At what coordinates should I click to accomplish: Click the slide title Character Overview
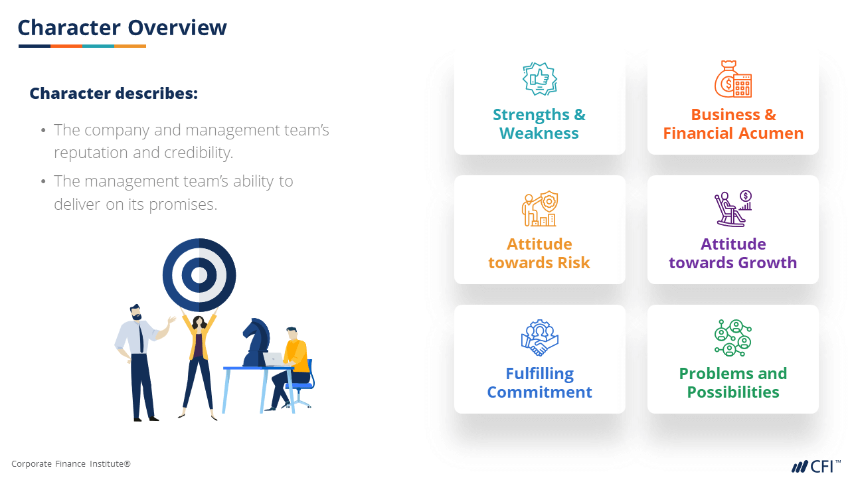pyautogui.click(x=122, y=28)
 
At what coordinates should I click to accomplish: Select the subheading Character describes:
pyautogui.click(x=114, y=94)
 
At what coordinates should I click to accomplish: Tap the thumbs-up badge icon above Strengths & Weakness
pyautogui.click(x=540, y=79)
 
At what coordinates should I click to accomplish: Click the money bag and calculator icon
pyautogui.click(x=733, y=79)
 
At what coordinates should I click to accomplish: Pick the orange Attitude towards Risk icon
pyautogui.click(x=539, y=208)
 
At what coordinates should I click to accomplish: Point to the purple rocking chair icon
pyautogui.click(x=733, y=208)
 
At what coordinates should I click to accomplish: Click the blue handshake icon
pyautogui.click(x=540, y=338)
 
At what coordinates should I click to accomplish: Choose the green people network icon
pyautogui.click(x=733, y=338)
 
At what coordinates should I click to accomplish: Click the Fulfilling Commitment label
pyautogui.click(x=540, y=383)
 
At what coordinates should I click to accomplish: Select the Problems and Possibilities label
pyautogui.click(x=733, y=383)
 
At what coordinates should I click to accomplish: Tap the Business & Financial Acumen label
pyautogui.click(x=733, y=124)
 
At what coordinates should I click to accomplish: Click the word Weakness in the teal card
pyautogui.click(x=539, y=133)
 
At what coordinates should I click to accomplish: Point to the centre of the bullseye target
pyautogui.click(x=199, y=275)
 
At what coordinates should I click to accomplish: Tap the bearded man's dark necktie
pyautogui.click(x=141, y=338)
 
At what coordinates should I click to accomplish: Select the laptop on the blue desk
pyautogui.click(x=274, y=360)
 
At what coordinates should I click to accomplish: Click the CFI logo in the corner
pyautogui.click(x=816, y=466)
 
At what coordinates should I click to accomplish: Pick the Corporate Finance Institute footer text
pyautogui.click(x=71, y=463)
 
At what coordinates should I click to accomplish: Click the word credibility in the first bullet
pyautogui.click(x=199, y=153)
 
